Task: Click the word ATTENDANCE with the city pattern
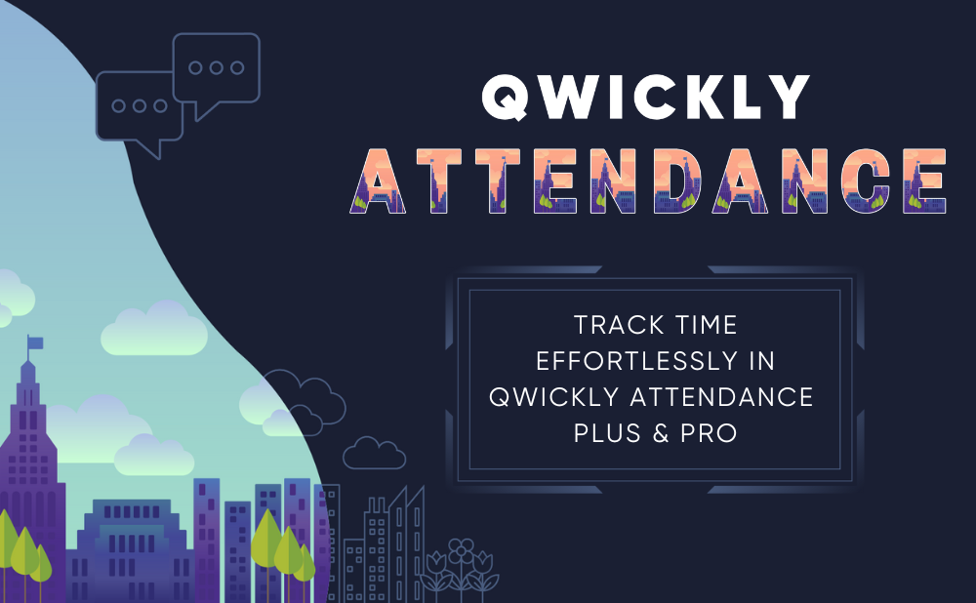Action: coord(648,181)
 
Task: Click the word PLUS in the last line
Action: coord(607,433)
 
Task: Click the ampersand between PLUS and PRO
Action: coord(660,433)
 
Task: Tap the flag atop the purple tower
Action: coord(35,342)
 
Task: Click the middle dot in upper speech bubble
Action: coord(217,67)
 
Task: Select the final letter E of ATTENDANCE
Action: coord(924,181)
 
